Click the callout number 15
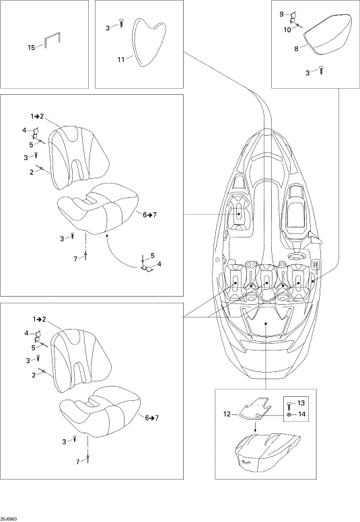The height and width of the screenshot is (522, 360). [31, 48]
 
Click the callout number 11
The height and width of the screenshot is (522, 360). [121, 60]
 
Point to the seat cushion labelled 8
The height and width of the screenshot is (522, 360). [328, 35]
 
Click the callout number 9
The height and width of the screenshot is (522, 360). [281, 14]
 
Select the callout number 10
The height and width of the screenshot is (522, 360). [287, 30]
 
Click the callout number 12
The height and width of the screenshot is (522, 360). [227, 414]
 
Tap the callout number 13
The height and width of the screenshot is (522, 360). [301, 403]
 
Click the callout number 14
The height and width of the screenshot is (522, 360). [301, 414]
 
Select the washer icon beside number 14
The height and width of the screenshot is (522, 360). [289, 414]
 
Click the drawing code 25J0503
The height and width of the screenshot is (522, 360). [9, 519]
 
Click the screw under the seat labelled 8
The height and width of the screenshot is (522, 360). [322, 70]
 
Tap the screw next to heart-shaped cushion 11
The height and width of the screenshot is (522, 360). [121, 24]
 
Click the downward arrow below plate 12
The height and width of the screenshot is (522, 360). [256, 427]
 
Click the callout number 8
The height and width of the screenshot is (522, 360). [296, 48]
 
